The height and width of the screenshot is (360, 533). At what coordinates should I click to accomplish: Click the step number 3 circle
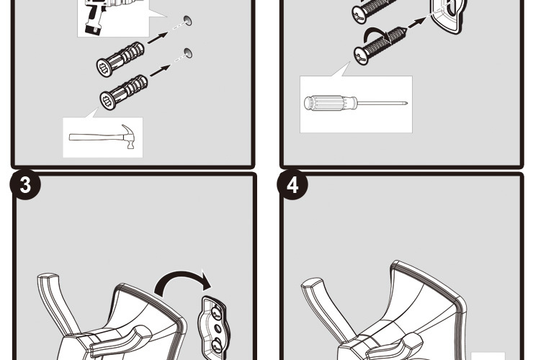click(25, 184)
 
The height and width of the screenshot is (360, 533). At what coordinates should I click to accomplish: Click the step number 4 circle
click(292, 184)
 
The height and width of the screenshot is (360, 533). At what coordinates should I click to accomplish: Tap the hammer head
click(128, 136)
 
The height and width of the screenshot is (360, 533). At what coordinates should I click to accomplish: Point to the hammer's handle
click(97, 137)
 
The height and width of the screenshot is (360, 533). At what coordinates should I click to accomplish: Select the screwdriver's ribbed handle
click(331, 103)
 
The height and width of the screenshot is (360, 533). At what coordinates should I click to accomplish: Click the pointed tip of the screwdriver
click(406, 103)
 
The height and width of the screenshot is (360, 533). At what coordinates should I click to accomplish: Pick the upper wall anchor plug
click(120, 59)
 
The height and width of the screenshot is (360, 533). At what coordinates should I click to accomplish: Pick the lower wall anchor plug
click(124, 92)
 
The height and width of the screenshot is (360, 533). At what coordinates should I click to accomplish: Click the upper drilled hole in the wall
click(188, 20)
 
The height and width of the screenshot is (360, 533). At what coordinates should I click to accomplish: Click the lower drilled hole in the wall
click(188, 53)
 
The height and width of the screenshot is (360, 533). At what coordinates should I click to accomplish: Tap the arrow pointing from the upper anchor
click(158, 37)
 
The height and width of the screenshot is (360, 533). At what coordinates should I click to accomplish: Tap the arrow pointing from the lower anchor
click(160, 71)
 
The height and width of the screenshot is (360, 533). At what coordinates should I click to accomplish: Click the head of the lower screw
click(362, 56)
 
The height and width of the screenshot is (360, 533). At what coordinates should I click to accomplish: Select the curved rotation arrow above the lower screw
click(375, 32)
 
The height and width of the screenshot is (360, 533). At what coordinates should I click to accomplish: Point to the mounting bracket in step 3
click(213, 328)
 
